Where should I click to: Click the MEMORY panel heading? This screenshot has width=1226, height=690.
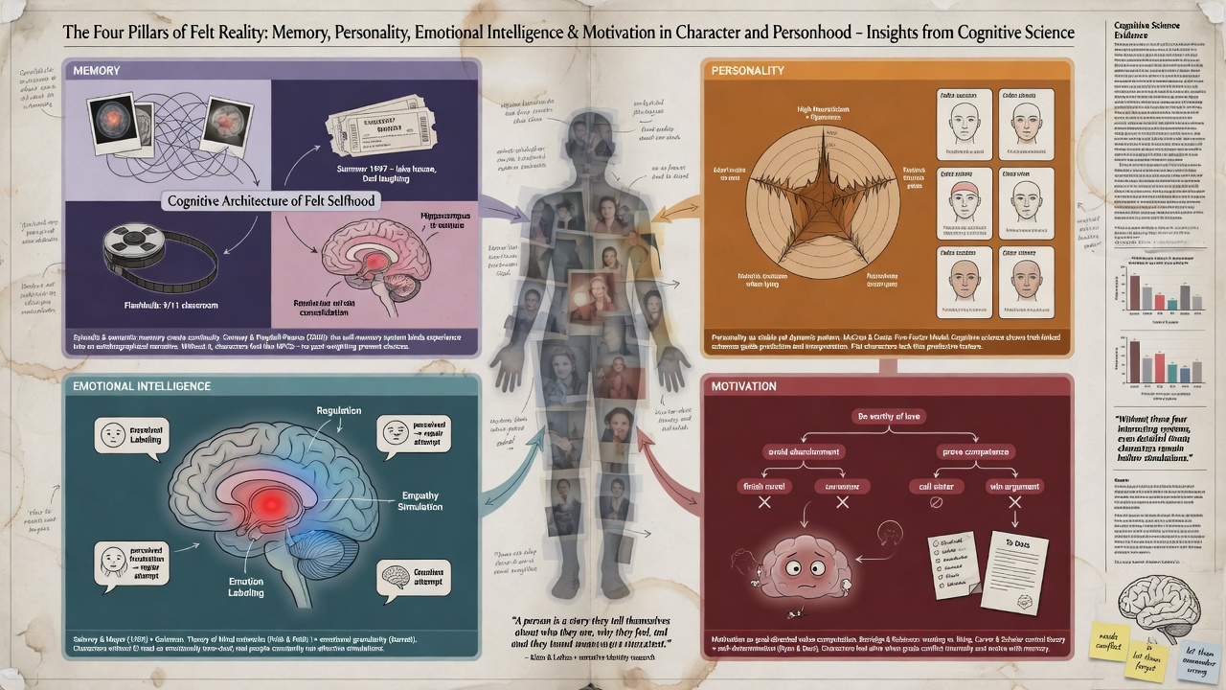click(x=95, y=71)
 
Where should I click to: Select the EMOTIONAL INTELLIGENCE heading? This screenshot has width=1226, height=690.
click(x=138, y=385)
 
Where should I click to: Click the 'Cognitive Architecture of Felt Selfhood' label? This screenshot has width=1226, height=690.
click(x=272, y=201)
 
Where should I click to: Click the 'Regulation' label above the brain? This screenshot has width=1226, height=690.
click(x=339, y=411)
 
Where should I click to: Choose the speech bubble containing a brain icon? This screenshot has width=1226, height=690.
click(x=403, y=579)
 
